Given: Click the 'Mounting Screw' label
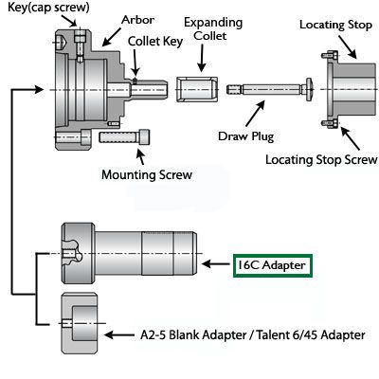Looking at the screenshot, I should (x=146, y=173).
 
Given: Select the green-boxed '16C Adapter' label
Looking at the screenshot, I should (x=272, y=264).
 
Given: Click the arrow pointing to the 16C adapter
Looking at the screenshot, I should (x=217, y=264).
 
